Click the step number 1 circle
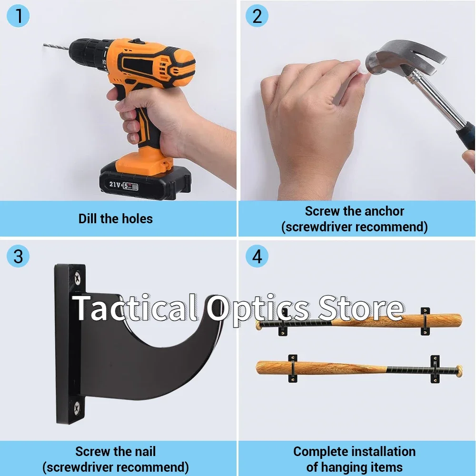click(x=18, y=16)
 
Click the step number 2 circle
click(x=257, y=16)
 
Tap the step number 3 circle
click(x=18, y=256)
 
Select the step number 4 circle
click(x=257, y=256)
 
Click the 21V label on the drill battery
click(x=115, y=184)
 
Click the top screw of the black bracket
click(x=78, y=278)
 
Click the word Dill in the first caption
click(x=87, y=218)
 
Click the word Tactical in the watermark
click(x=135, y=308)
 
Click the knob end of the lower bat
click(x=460, y=371)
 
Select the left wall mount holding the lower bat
click(x=293, y=368)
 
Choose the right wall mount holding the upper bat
click(x=425, y=321)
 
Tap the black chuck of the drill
click(x=88, y=55)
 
